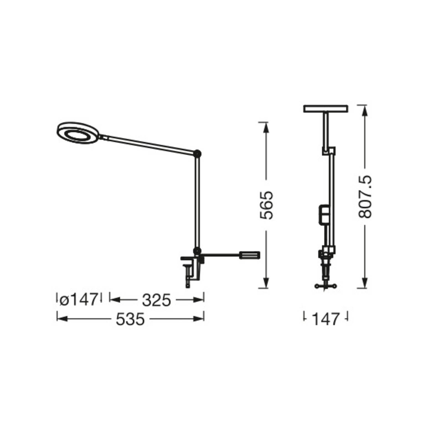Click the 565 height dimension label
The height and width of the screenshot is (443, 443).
click(267, 205)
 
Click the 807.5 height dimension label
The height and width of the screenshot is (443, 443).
click(365, 196)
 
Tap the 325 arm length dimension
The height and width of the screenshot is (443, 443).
click(156, 300)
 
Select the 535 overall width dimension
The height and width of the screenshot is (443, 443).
click(130, 319)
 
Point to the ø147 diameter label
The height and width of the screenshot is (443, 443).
click(79, 300)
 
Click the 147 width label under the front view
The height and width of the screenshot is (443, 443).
click(326, 319)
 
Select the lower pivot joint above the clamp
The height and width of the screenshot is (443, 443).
click(197, 251)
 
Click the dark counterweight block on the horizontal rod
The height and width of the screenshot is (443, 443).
click(250, 255)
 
